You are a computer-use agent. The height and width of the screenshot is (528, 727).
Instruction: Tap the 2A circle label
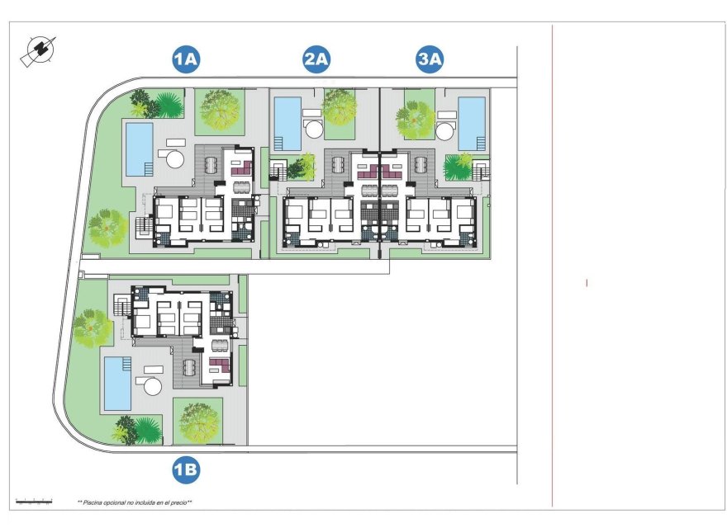tap(316, 59)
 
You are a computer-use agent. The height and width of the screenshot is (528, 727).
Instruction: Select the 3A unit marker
tap(430, 59)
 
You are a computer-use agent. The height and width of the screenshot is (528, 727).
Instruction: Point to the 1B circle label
tap(186, 470)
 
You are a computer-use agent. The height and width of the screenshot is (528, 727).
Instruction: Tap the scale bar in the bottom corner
tap(34, 501)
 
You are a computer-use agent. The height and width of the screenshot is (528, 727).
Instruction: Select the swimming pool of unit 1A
tap(138, 148)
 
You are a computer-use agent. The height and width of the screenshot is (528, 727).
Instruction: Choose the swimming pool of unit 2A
tap(287, 124)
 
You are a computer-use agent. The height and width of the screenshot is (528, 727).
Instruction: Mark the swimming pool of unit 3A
tap(472, 124)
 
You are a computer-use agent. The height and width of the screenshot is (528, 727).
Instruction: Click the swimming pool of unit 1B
tap(116, 384)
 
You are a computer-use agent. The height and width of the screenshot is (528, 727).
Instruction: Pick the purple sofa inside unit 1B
tap(220, 364)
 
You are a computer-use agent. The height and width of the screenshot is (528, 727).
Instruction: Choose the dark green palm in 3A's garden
tap(457, 167)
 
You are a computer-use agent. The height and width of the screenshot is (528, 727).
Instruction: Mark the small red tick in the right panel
tap(587, 283)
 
